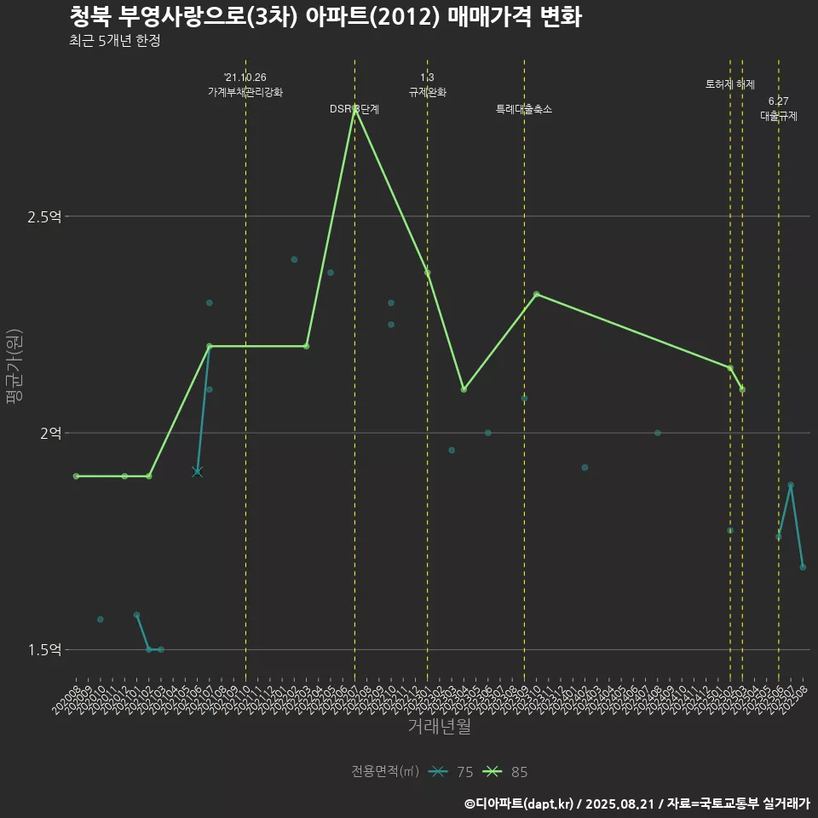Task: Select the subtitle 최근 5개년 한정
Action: coord(114,41)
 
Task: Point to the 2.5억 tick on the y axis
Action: coord(44,216)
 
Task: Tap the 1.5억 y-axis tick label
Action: coord(44,649)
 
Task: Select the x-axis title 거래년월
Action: coord(439,727)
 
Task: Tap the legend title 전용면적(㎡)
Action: coord(385,772)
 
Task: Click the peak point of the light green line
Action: coord(354,108)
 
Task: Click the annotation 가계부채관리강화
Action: coord(245,91)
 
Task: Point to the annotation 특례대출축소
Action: coord(524,109)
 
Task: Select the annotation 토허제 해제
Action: coord(730,84)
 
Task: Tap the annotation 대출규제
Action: coord(778,116)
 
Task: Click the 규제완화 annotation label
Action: coord(427,91)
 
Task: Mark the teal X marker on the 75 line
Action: coord(197,471)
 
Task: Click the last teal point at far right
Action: coord(803,567)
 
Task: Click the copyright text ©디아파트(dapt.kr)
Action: coord(521,804)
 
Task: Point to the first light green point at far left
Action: coord(76,475)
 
